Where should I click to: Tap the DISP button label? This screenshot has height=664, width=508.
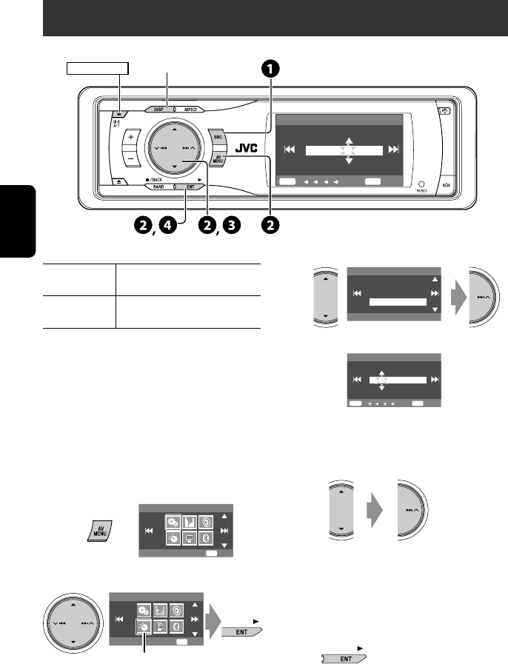click(158, 109)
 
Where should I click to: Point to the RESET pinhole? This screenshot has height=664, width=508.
click(421, 184)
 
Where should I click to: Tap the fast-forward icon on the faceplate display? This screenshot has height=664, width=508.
click(393, 150)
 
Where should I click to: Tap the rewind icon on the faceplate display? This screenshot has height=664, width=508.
click(290, 150)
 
